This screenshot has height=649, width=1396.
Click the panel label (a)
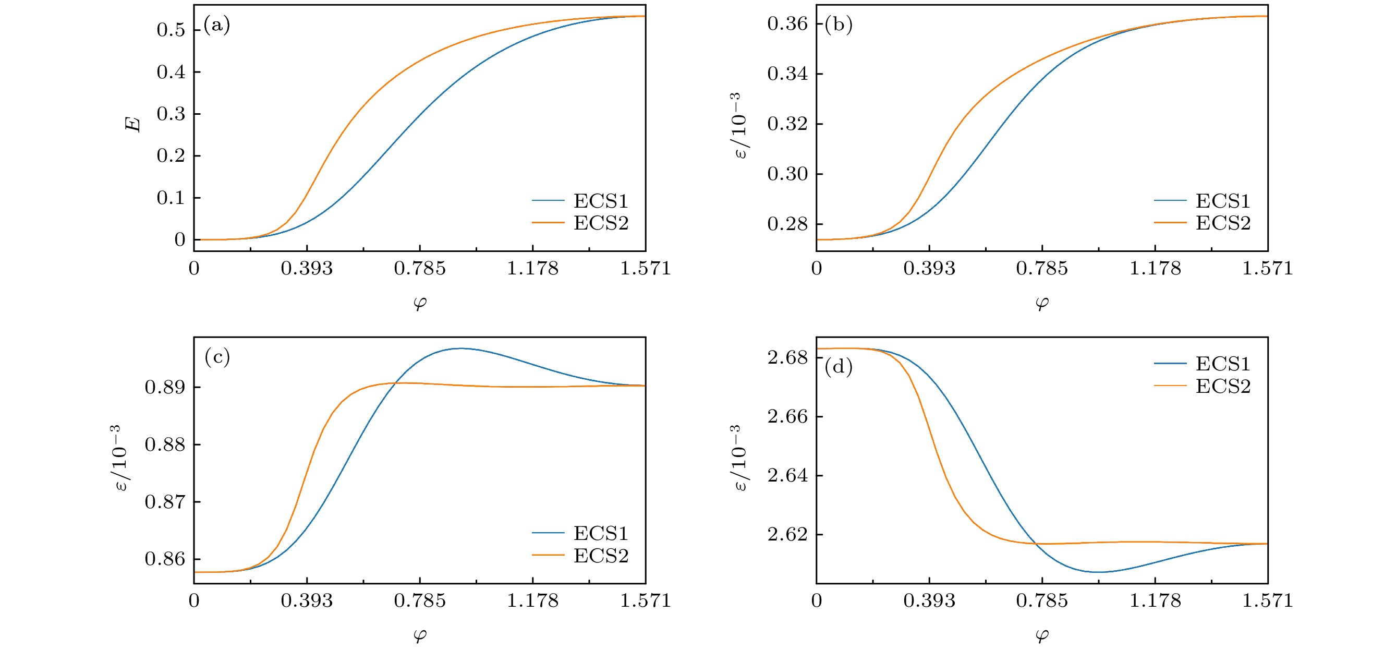217,26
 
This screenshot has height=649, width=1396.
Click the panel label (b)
839,26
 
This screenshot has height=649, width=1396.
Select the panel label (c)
217,357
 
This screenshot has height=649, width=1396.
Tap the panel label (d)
839,368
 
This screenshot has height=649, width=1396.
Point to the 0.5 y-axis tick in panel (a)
171,30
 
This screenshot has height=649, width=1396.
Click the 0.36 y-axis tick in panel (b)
787,25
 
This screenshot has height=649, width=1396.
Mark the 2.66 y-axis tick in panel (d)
787,417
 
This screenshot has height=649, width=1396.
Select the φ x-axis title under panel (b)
1041,303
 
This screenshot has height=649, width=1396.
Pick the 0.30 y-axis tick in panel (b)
787,175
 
